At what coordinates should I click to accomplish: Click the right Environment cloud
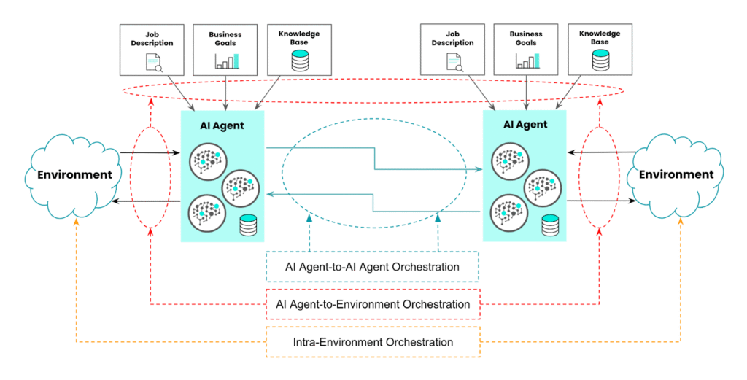click(675, 175)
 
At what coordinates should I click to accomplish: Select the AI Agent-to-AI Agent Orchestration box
click(372, 267)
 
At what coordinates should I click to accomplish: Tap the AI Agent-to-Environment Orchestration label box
click(372, 304)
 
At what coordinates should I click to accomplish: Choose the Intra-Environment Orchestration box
click(372, 341)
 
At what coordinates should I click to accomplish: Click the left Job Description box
click(152, 50)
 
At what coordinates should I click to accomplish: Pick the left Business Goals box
click(227, 50)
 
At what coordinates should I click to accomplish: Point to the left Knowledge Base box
click(299, 50)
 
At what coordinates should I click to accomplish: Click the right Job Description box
click(452, 50)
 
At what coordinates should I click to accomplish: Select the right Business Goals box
click(527, 50)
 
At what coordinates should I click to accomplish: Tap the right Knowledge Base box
click(600, 50)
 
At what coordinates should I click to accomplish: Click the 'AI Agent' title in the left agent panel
click(222, 125)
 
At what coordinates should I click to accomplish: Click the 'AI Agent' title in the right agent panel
click(525, 125)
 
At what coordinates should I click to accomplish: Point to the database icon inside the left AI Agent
click(249, 226)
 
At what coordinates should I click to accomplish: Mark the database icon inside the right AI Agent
click(551, 226)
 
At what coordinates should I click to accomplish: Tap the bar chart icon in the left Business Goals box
click(227, 61)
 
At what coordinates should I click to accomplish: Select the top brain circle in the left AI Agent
click(207, 160)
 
